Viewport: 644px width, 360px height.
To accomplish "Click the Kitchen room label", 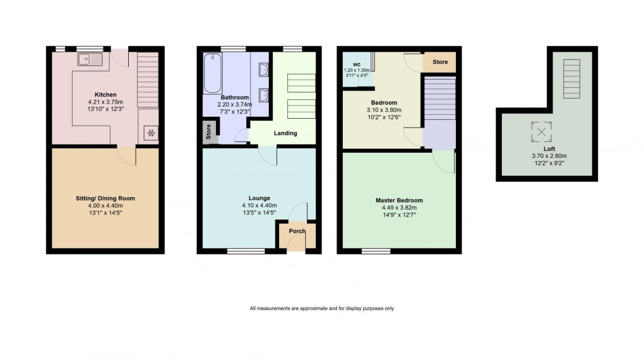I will point(105,95).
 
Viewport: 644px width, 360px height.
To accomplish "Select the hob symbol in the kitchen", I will point(150,133).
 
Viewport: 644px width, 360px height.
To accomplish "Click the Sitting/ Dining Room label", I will point(105,198).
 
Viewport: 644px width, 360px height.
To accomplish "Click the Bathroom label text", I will point(233,97).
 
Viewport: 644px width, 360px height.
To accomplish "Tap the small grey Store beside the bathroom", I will point(208,132).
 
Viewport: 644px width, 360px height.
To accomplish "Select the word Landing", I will point(285,133).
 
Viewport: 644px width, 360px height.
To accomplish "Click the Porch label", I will point(297,231).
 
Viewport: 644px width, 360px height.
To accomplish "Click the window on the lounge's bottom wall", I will point(241,251).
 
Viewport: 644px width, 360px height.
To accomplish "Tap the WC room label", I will point(357,64).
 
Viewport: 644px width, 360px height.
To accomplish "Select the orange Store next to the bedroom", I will point(440,62).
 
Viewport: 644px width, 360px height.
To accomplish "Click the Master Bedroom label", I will point(398,200).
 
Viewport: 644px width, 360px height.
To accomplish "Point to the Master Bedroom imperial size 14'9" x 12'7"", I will point(398,215).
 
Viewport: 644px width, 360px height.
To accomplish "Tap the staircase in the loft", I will point(571,78).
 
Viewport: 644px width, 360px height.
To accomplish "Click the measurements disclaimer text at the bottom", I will point(322,308).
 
